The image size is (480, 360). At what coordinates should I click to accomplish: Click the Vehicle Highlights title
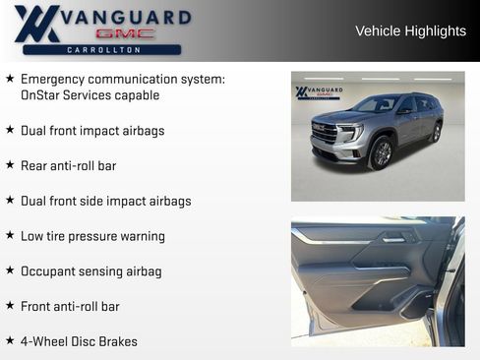tap(410, 31)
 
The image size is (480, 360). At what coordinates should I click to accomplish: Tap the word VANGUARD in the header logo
tap(126, 17)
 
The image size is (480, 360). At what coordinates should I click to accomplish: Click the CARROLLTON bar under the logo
tap(101, 49)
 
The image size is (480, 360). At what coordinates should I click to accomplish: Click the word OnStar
tap(42, 95)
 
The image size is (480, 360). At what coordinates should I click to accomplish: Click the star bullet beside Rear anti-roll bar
tap(10, 165)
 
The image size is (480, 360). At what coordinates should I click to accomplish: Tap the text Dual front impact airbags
tap(92, 131)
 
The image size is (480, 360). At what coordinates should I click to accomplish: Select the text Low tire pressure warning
tap(92, 236)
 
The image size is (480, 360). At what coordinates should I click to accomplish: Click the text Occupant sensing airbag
tap(90, 271)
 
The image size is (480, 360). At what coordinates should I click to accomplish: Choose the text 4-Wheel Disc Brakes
tap(79, 341)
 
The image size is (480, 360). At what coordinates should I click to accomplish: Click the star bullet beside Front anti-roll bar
tap(10, 306)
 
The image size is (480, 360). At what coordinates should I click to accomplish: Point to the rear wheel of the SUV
tap(436, 132)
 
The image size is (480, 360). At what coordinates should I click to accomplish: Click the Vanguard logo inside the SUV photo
tap(320, 92)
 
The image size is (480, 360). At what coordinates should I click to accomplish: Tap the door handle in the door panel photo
tap(393, 237)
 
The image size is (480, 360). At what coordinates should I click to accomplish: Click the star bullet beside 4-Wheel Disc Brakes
tap(10, 341)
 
